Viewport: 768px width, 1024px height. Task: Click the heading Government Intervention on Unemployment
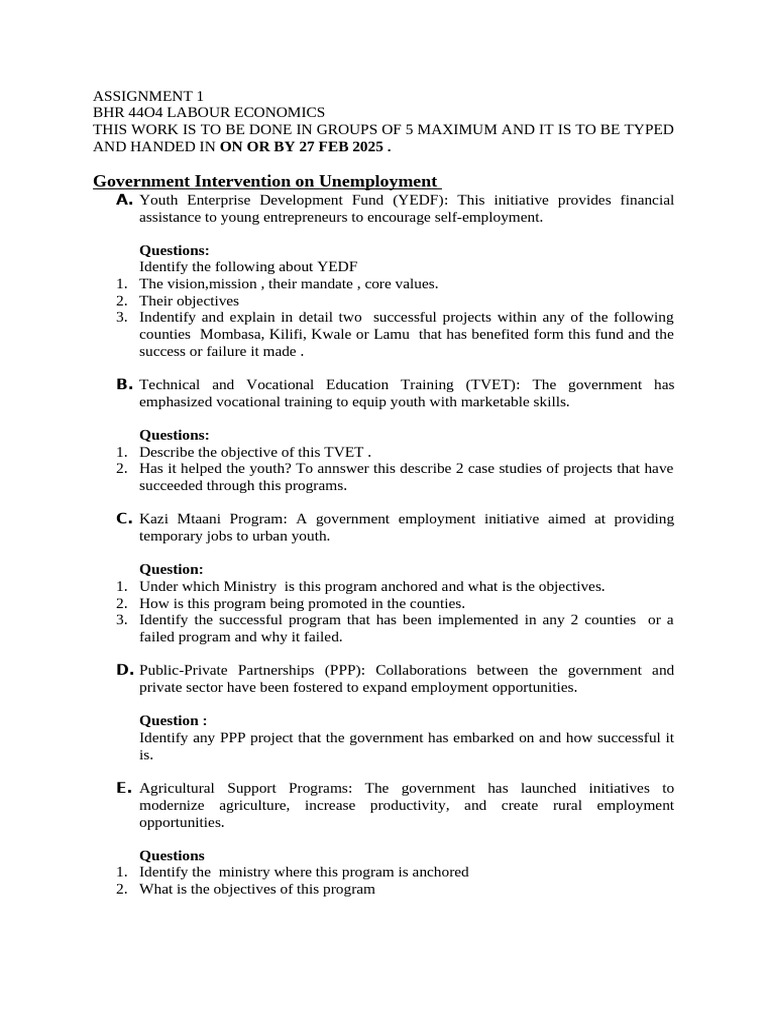click(x=265, y=181)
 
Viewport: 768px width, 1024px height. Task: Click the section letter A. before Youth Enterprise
click(x=124, y=200)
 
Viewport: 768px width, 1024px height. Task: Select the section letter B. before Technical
click(x=124, y=384)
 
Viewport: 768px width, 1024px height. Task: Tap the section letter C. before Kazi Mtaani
click(x=124, y=518)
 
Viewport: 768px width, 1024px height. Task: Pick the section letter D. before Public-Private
click(x=124, y=669)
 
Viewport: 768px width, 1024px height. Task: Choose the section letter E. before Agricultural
click(x=124, y=788)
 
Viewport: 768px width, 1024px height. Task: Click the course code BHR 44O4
click(x=127, y=113)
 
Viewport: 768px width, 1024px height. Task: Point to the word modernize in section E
click(x=175, y=805)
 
